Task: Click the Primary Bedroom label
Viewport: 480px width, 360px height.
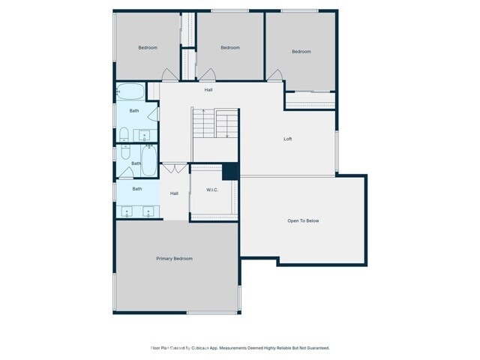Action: click(x=174, y=259)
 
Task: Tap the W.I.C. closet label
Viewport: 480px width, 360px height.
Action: click(x=212, y=190)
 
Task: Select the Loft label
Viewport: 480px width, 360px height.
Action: click(x=287, y=139)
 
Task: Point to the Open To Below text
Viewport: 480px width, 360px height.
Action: click(x=303, y=220)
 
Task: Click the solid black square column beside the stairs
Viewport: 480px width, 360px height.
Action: click(x=230, y=171)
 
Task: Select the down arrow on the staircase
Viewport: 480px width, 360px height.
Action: click(x=227, y=135)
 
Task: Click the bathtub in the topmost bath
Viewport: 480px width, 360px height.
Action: click(x=130, y=91)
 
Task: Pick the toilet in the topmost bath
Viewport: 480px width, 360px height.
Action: click(x=124, y=135)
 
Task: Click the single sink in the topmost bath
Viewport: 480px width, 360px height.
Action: click(x=144, y=136)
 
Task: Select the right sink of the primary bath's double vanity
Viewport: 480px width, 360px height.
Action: click(x=148, y=212)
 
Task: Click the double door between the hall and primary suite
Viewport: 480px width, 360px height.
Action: click(x=174, y=166)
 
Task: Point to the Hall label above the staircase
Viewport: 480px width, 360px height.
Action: click(x=208, y=90)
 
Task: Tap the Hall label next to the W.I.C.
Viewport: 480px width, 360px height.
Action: click(x=174, y=193)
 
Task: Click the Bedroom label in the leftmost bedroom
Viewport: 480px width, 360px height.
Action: click(x=148, y=48)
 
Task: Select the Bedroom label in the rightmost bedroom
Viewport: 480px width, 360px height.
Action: click(x=301, y=52)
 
